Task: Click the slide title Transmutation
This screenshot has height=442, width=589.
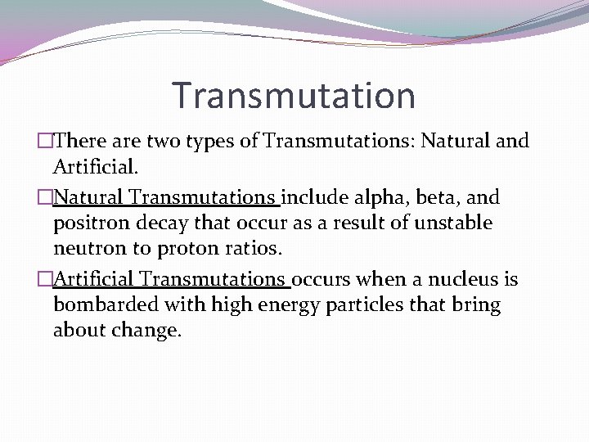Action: point(294,95)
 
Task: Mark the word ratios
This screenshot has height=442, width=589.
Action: point(255,248)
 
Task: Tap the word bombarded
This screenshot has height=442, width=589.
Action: point(101,305)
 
